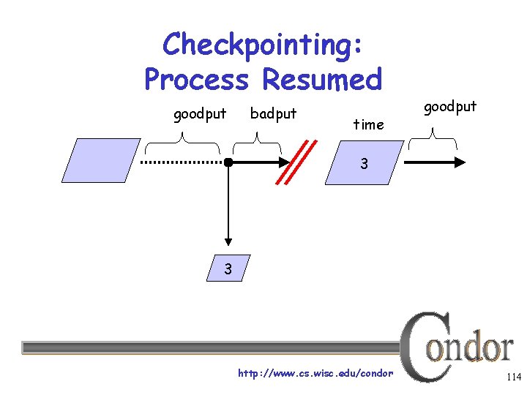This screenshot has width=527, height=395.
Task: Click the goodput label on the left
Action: [x=199, y=114]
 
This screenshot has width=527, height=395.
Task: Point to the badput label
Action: [x=273, y=113]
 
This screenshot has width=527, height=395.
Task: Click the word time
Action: [x=368, y=124]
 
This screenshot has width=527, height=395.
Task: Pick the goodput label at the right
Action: [x=450, y=107]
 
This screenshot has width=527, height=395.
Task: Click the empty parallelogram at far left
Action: [x=100, y=160]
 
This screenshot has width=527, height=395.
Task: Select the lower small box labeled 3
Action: [x=229, y=268]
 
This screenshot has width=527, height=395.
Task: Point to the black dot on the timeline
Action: [x=229, y=162]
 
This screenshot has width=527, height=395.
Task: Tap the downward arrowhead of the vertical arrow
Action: [x=229, y=241]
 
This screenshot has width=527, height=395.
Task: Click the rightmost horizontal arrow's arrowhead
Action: [x=459, y=162]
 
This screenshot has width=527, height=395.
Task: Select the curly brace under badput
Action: [x=256, y=137]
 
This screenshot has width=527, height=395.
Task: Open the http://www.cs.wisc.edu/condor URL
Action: [x=315, y=374]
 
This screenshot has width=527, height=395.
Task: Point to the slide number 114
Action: [x=512, y=377]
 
